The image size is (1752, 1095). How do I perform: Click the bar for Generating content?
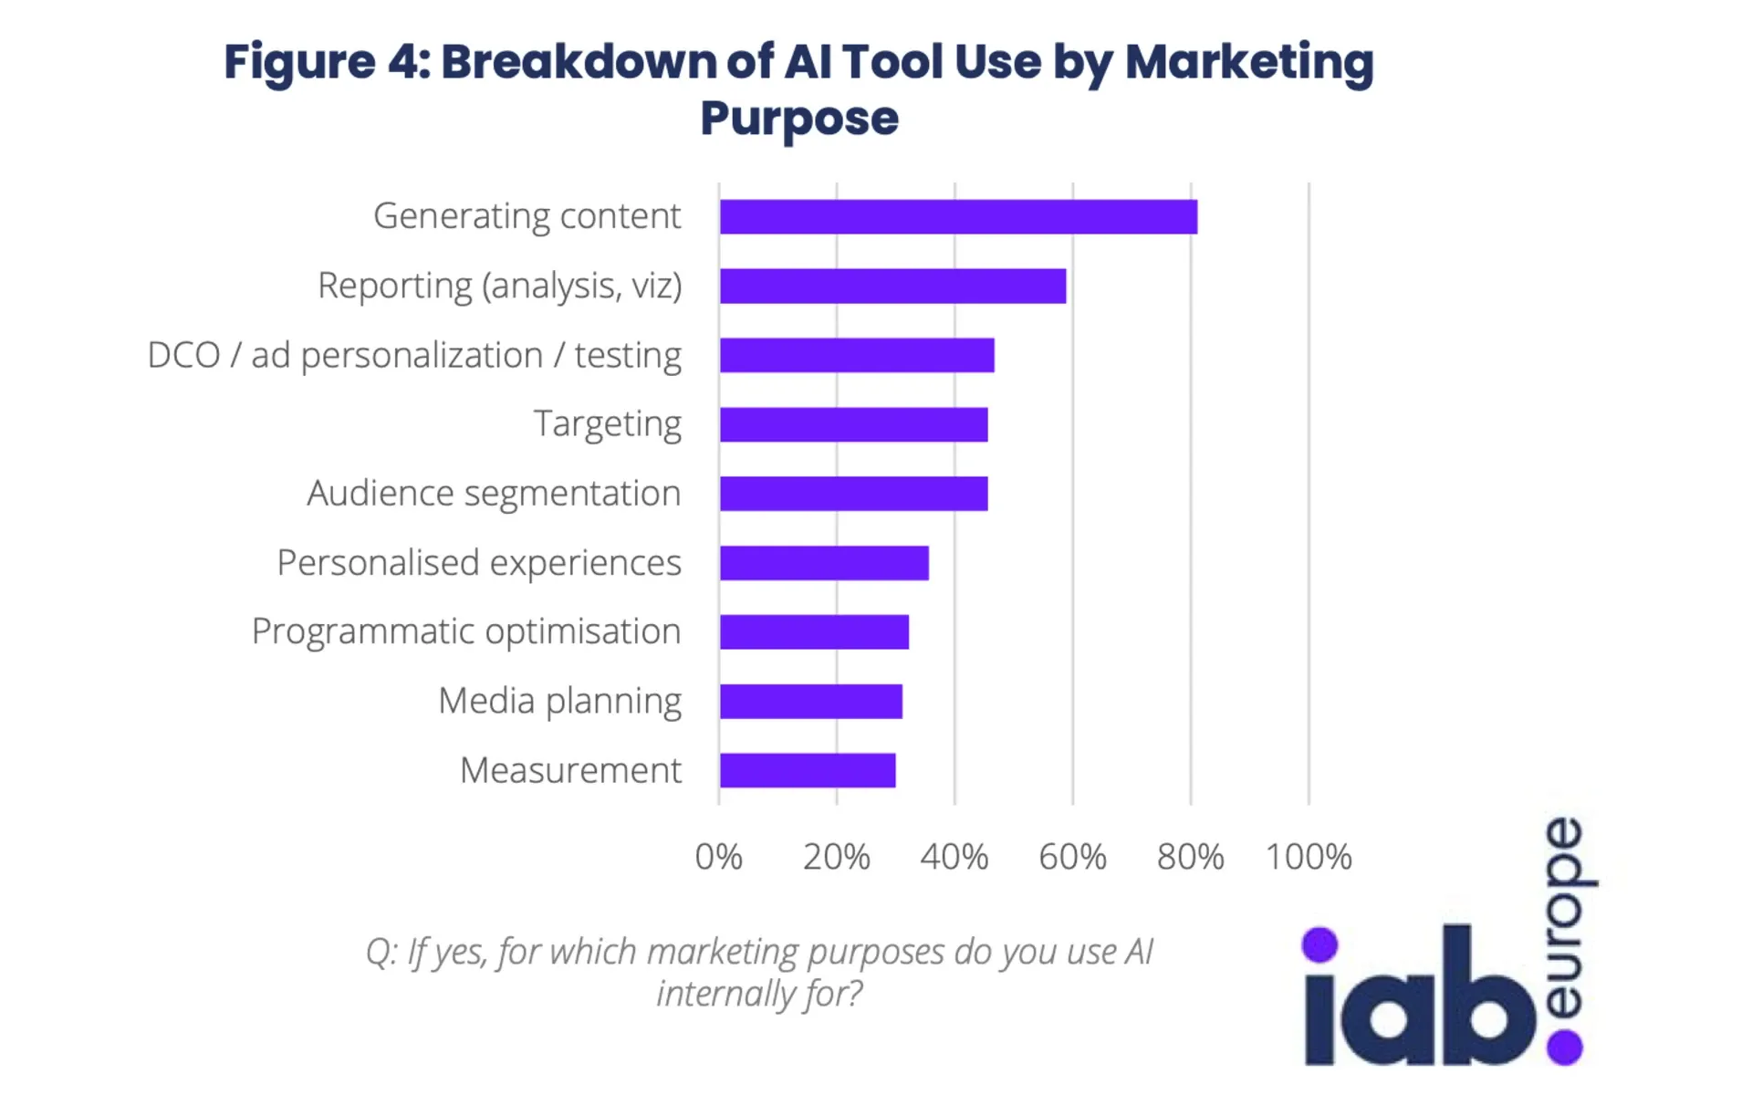coord(958,217)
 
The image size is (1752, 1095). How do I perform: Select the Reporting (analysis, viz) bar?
coord(892,286)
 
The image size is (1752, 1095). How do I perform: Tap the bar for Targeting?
coord(853,424)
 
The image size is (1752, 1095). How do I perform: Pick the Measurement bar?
coord(808,770)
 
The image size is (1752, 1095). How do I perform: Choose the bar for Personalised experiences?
coord(824,563)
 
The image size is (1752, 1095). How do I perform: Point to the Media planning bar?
coord(811,701)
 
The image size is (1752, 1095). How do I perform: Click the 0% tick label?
coord(718,857)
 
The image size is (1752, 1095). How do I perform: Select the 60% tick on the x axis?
coord(1072,857)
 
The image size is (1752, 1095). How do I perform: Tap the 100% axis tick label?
coord(1308,857)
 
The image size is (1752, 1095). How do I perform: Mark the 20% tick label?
coord(836,857)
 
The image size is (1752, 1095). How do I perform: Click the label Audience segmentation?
coord(494,494)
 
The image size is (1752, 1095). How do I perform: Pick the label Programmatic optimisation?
coord(466,631)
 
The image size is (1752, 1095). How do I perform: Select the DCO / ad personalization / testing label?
coord(414,355)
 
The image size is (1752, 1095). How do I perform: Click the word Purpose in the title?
coord(799,119)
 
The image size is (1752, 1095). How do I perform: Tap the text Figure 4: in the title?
coord(327,62)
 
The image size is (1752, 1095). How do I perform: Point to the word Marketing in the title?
coord(1249,62)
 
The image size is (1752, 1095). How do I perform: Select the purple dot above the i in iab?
coord(1319,944)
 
